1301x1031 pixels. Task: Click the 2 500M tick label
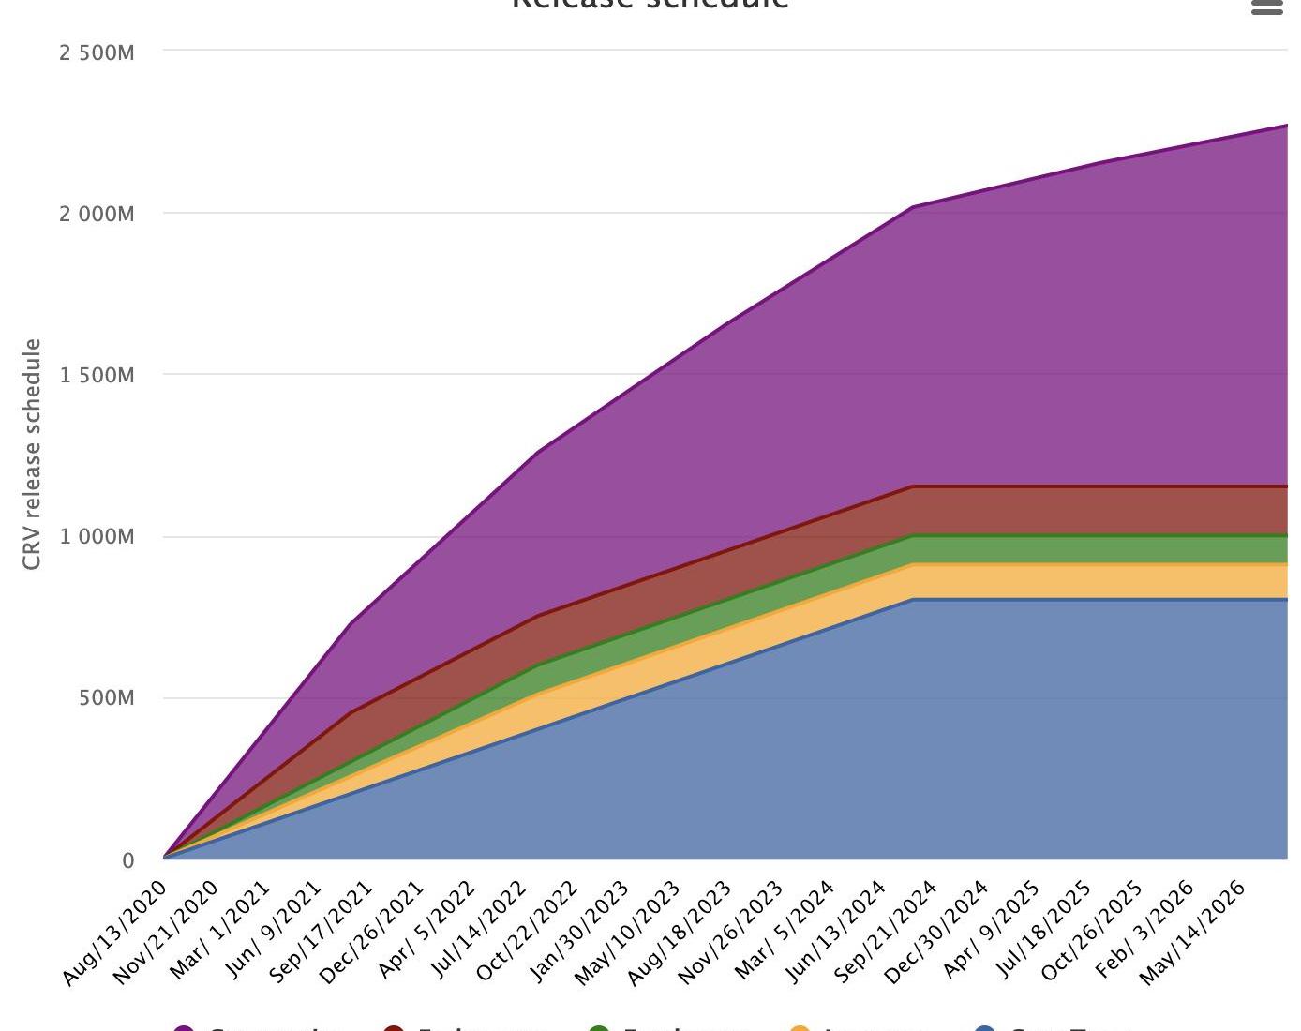[x=97, y=53]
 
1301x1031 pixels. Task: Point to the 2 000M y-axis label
[x=97, y=215]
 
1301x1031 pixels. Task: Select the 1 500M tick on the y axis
[x=97, y=376]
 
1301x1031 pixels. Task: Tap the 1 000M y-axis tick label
[x=97, y=537]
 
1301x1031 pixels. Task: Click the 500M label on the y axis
[x=107, y=698]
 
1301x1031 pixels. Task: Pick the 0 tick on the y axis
[x=128, y=860]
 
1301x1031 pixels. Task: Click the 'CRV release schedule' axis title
[x=32, y=455]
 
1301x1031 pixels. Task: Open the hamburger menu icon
[x=1266, y=7]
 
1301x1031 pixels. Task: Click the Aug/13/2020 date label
[x=115, y=933]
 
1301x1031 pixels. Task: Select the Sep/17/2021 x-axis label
[x=322, y=933]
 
